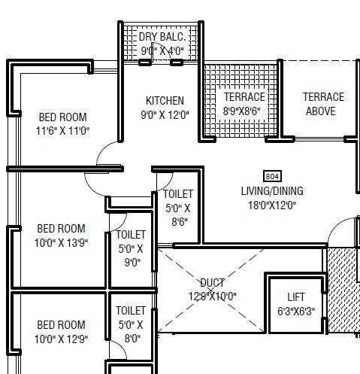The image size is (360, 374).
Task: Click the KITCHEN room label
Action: click(x=165, y=101)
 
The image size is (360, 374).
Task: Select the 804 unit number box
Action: click(x=273, y=175)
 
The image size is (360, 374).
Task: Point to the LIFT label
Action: click(x=296, y=296)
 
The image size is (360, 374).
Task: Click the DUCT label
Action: click(x=211, y=283)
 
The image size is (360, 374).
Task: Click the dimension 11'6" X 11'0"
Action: click(x=62, y=130)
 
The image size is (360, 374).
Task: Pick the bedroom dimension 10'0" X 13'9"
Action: click(x=62, y=242)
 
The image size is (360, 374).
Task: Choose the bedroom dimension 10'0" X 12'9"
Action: click(x=62, y=339)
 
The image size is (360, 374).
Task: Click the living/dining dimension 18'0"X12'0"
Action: click(x=268, y=204)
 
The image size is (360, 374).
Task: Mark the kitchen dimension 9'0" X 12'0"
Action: click(x=165, y=115)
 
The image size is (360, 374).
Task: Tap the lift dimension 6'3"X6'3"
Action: click(x=296, y=311)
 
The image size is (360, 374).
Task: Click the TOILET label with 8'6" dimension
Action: click(x=178, y=194)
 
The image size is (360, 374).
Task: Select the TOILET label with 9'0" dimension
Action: click(x=131, y=235)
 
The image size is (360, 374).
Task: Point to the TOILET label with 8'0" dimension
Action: click(x=131, y=310)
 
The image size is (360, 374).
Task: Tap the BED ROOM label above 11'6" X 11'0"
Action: click(x=62, y=117)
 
